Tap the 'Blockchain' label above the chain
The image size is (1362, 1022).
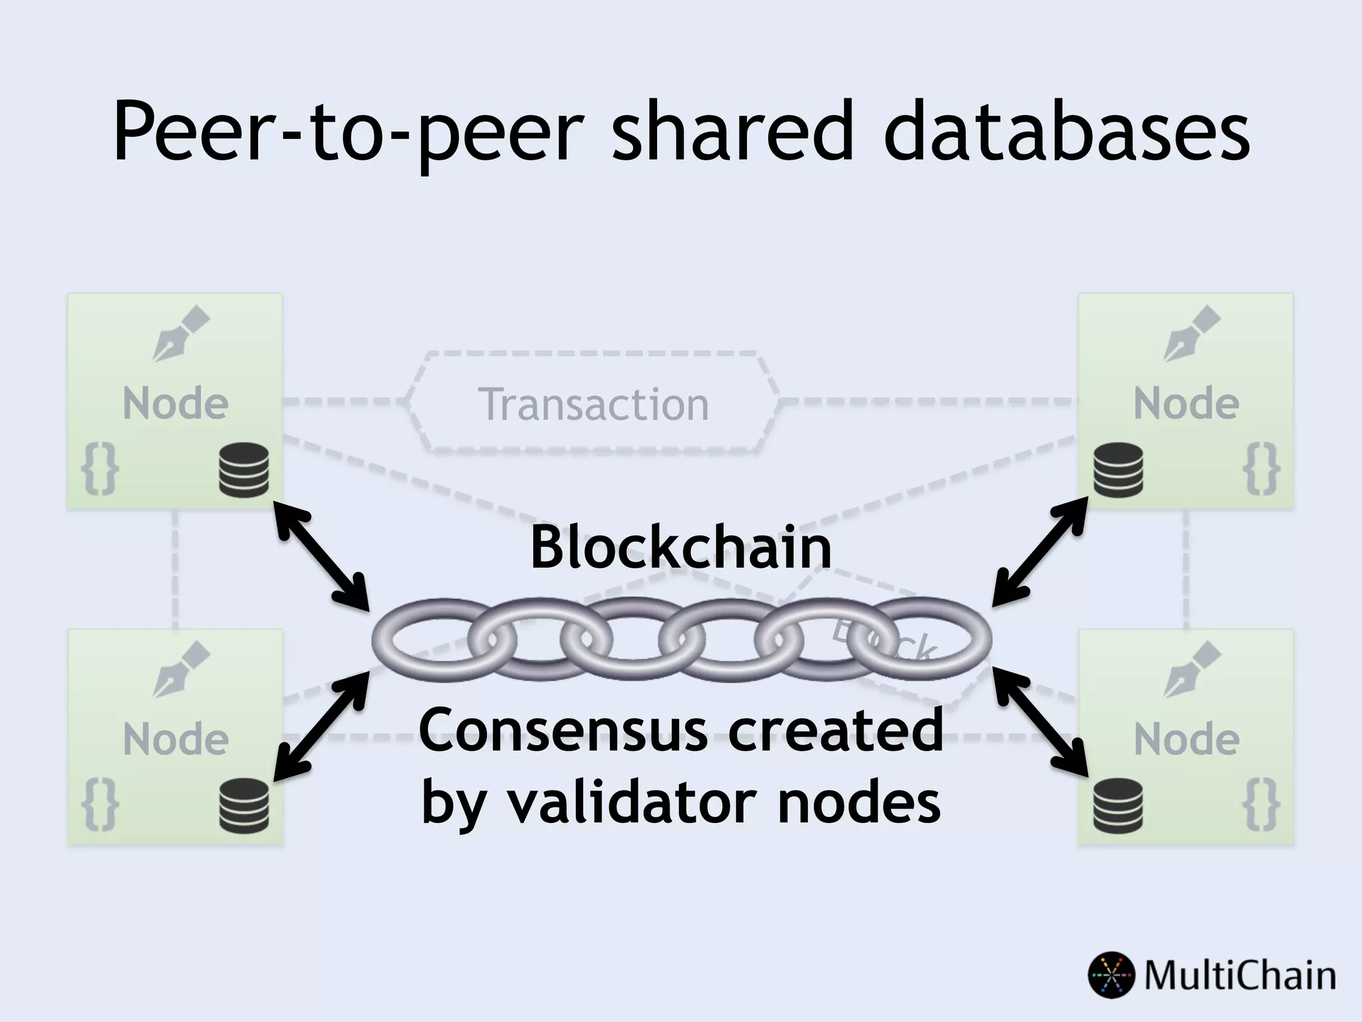pos(680,548)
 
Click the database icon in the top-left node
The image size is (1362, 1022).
pos(244,471)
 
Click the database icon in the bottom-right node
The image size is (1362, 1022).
pos(1118,806)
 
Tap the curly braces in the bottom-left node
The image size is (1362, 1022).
pos(100,806)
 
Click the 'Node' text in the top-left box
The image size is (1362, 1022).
pos(176,403)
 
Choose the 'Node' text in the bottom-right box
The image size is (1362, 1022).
pos(1186,739)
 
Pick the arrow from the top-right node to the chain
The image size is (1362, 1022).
pos(1039,552)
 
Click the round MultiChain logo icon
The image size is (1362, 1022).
pos(1111,975)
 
